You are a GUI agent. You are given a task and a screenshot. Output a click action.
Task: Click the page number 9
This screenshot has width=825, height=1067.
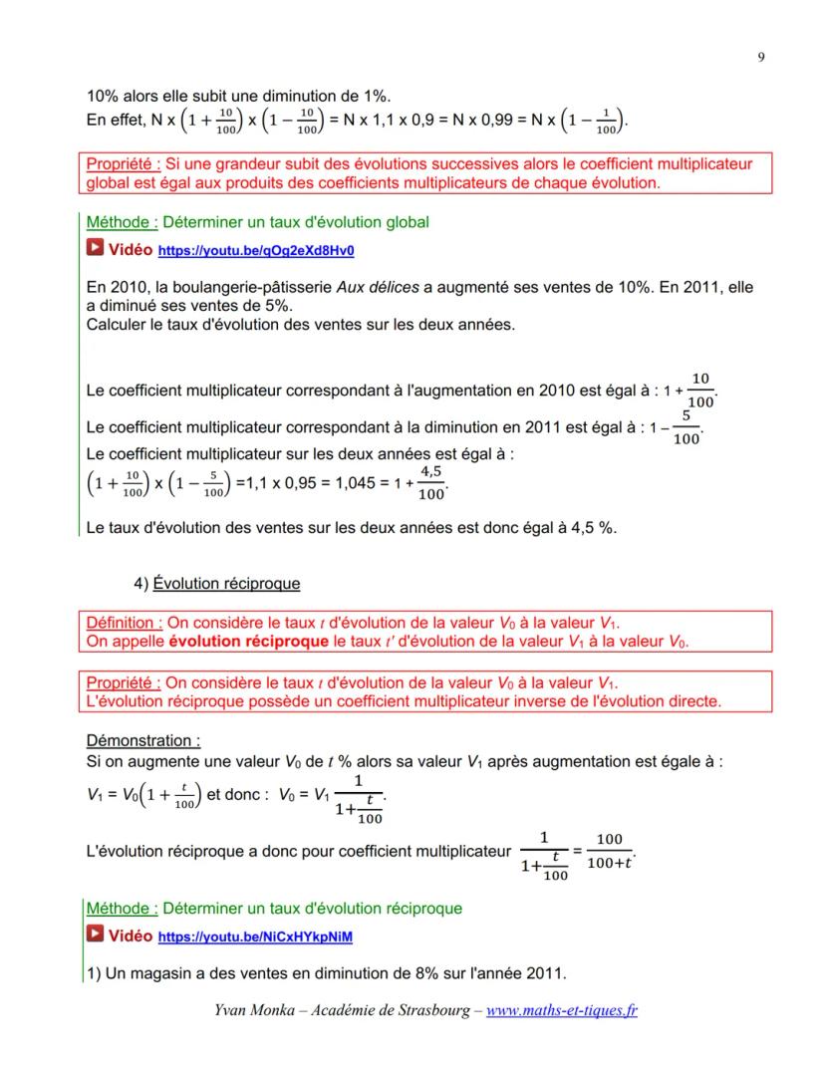(759, 58)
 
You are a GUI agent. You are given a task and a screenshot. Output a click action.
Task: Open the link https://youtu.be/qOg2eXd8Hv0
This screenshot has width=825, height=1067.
(256, 250)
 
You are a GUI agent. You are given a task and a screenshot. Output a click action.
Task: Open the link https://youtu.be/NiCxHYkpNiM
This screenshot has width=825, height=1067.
(256, 937)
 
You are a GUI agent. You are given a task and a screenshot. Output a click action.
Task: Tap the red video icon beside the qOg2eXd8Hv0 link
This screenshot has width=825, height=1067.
(96, 249)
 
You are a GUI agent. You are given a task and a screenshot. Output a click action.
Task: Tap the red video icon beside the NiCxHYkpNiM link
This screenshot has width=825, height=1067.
(96, 936)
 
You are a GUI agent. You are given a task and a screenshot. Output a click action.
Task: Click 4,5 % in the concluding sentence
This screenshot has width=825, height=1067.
(592, 527)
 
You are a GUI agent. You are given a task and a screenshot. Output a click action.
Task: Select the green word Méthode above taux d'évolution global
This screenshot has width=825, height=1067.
(121, 222)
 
